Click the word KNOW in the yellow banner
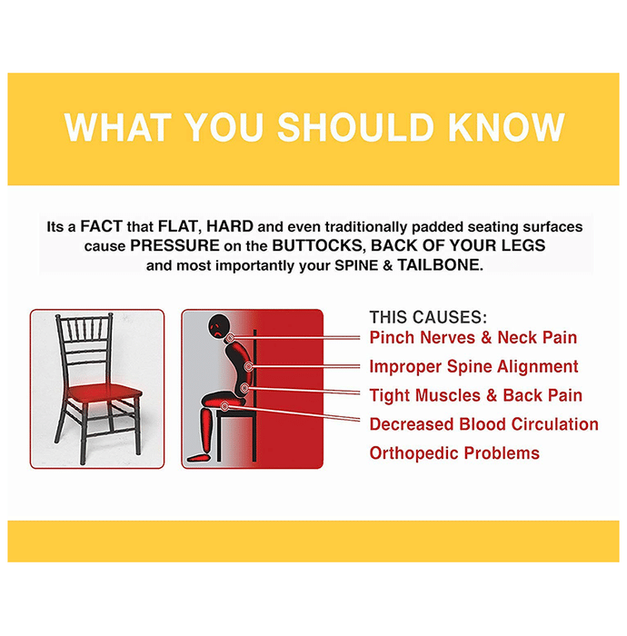[x=506, y=127]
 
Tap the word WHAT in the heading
[x=117, y=127]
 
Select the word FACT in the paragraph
[x=102, y=226]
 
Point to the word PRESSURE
[x=174, y=245]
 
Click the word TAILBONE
[x=440, y=265]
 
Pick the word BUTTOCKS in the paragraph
[x=319, y=246]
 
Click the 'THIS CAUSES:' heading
[x=428, y=317]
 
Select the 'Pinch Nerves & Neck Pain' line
[x=473, y=337]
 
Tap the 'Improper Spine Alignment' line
[x=473, y=367]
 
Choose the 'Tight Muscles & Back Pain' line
[x=476, y=395]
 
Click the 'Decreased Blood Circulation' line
[x=483, y=424]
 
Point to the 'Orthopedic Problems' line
[x=454, y=453]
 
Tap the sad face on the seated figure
[x=218, y=326]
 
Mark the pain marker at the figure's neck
[x=231, y=337]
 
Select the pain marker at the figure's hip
[x=224, y=405]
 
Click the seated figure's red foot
[x=198, y=458]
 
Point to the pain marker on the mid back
[x=248, y=366]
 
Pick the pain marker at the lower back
[x=244, y=388]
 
